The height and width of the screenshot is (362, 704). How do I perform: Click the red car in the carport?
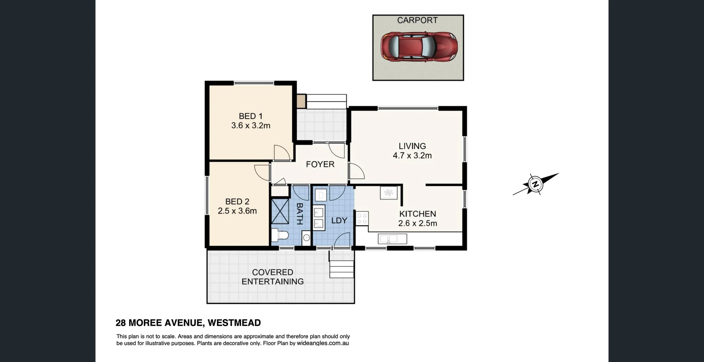click(419, 46)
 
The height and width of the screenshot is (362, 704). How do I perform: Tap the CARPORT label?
click(417, 20)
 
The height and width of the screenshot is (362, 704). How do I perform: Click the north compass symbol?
click(535, 184)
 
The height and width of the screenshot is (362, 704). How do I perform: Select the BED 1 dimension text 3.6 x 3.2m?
click(251, 126)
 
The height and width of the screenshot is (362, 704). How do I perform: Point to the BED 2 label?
click(237, 201)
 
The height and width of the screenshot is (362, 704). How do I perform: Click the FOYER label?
click(320, 164)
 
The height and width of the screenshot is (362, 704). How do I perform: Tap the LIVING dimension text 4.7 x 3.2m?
click(412, 156)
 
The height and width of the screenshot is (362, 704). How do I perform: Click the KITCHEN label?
click(417, 214)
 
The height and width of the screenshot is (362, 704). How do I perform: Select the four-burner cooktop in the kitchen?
click(362, 219)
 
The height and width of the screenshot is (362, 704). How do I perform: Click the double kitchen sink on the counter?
click(392, 239)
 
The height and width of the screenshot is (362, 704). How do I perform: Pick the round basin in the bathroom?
click(307, 238)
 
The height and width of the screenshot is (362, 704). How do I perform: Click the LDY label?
click(339, 221)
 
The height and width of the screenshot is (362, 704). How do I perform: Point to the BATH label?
click(299, 214)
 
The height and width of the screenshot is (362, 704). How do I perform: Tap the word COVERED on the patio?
click(272, 272)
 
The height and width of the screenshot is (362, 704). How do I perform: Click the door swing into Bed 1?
click(281, 153)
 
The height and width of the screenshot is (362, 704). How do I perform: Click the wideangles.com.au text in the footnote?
click(323, 343)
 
